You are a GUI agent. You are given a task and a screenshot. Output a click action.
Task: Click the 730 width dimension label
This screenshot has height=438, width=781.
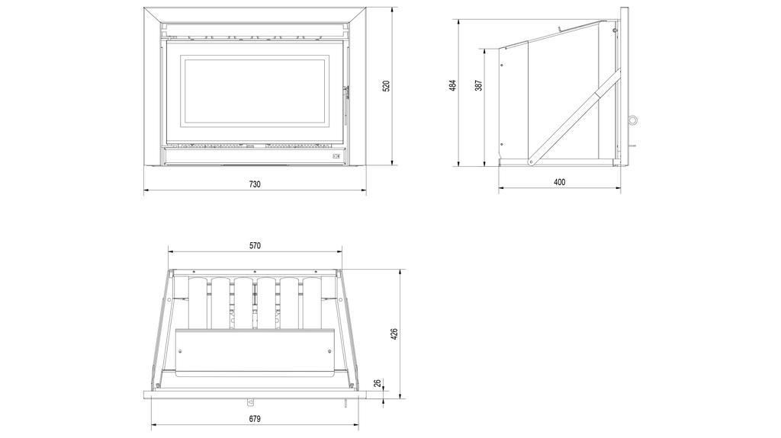255,184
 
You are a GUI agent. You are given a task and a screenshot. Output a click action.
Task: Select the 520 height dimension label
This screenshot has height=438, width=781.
386,86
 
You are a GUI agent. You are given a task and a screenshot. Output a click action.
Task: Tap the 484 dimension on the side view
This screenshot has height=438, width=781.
453,86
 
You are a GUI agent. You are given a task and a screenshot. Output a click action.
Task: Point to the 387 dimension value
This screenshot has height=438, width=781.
479,85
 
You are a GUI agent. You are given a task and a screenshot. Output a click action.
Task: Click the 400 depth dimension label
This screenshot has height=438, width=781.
559,182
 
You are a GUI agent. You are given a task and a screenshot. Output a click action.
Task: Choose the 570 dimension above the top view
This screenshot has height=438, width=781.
255,245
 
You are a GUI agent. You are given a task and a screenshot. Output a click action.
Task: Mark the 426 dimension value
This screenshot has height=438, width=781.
394,334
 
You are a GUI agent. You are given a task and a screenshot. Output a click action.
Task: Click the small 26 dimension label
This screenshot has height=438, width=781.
378,383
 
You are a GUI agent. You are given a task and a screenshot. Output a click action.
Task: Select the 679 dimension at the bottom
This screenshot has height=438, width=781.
255,419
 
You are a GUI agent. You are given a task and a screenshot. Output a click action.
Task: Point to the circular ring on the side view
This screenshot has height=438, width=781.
632,120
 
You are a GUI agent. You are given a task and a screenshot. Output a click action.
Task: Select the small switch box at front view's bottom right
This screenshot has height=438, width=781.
337,156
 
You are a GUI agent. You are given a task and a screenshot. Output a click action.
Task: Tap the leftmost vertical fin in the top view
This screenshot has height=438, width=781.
198,303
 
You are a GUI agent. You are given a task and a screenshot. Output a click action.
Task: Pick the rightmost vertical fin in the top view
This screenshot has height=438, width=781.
312,303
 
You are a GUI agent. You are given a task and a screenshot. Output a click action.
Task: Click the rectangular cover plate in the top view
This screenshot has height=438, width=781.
255,353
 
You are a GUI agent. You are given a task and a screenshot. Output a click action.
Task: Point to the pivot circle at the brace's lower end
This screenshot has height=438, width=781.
532,161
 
